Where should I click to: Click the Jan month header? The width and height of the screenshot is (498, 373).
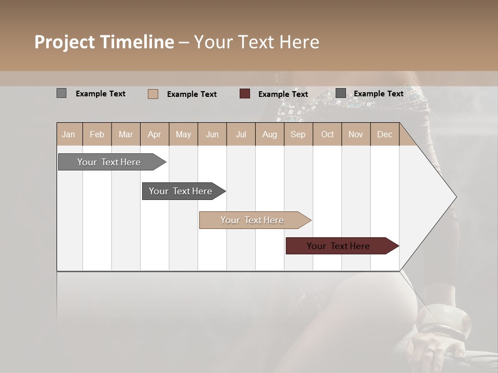[x=68, y=134]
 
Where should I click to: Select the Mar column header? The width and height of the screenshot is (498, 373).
[x=126, y=134]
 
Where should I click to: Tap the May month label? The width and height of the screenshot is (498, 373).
[x=183, y=134]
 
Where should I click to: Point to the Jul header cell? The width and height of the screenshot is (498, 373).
[x=241, y=134]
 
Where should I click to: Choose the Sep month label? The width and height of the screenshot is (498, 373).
[x=298, y=134]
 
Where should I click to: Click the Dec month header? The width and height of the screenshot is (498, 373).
[x=384, y=134]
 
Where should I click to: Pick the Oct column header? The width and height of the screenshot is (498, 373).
[x=327, y=134]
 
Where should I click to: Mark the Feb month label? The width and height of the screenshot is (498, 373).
[x=97, y=134]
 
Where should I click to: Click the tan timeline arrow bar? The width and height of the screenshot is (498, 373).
[x=253, y=220]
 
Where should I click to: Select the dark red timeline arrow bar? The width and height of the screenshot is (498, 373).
[x=340, y=246]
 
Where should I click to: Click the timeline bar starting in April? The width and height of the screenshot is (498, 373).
[x=182, y=191]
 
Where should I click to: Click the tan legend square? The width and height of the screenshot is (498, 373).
[x=153, y=94]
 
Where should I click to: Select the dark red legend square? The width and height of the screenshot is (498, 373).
[x=245, y=94]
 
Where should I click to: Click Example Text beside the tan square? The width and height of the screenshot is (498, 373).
[x=191, y=94]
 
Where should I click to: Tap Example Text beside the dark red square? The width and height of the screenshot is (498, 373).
[x=283, y=94]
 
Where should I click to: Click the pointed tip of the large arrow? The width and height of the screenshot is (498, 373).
[x=455, y=197]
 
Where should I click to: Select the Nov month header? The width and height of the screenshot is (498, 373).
[x=356, y=134]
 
